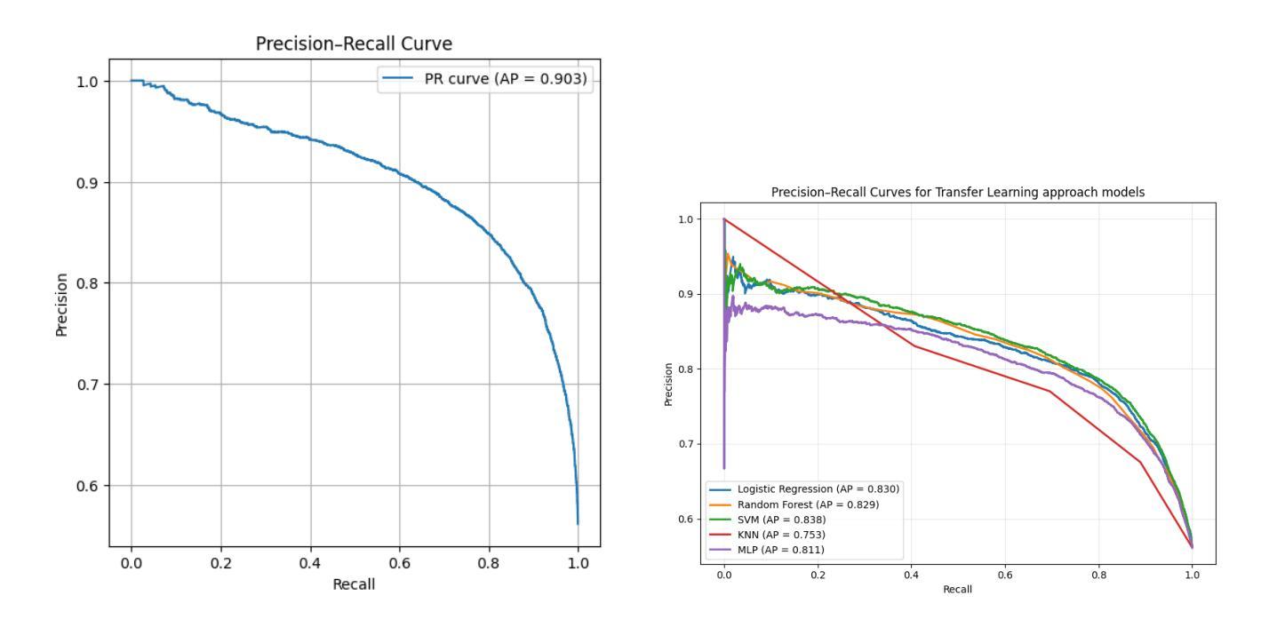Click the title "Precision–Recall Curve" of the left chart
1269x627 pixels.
pyautogui.click(x=354, y=43)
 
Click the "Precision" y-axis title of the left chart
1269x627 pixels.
pyautogui.click(x=62, y=305)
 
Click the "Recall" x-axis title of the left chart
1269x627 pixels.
pyautogui.click(x=354, y=584)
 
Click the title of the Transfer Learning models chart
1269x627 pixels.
pyautogui.click(x=958, y=193)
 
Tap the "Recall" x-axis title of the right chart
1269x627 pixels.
pyautogui.click(x=957, y=590)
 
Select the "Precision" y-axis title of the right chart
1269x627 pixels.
pyautogui.click(x=668, y=383)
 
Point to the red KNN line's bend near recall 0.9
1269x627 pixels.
pyautogui.click(x=1140, y=462)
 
